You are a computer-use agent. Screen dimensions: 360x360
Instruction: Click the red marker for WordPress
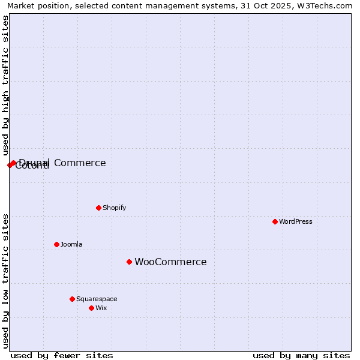pyautogui.click(x=275, y=221)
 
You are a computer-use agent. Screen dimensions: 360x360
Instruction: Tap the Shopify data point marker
pyautogui.click(x=98, y=208)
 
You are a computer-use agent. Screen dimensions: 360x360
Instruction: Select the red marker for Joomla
pyautogui.click(x=56, y=244)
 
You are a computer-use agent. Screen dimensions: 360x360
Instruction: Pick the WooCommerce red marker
pyautogui.click(x=129, y=262)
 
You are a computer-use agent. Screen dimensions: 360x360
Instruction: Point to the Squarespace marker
pyautogui.click(x=72, y=299)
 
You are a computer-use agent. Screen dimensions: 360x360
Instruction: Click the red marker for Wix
pyautogui.click(x=91, y=308)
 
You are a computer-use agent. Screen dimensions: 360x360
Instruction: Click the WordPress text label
pyautogui.click(x=296, y=221)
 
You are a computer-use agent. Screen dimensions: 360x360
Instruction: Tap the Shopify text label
pyautogui.click(x=114, y=208)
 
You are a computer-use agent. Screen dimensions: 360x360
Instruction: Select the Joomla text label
pyautogui.click(x=71, y=244)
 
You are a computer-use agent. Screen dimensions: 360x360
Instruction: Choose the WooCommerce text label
pyautogui.click(x=170, y=262)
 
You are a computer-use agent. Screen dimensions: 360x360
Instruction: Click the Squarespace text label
pyautogui.click(x=97, y=299)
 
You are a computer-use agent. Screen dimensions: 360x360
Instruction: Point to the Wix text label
pyautogui.click(x=101, y=308)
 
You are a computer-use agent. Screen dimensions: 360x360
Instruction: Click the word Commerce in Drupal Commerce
pyautogui.click(x=80, y=163)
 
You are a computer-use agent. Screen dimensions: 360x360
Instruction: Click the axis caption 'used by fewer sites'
pyautogui.click(x=62, y=355)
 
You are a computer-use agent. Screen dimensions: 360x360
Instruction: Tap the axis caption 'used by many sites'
pyautogui.click(x=301, y=355)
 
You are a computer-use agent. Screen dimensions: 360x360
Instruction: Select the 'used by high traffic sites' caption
pyautogui.click(x=5, y=85)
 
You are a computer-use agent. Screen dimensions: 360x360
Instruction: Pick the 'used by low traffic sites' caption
pyautogui.click(x=5, y=281)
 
